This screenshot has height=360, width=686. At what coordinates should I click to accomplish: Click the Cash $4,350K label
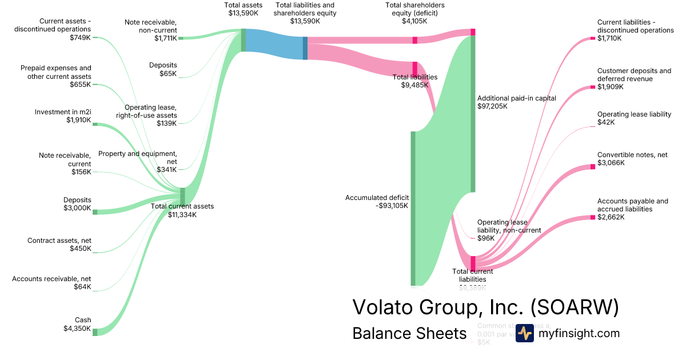(77, 324)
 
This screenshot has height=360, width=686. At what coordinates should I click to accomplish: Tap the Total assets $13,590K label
(244, 9)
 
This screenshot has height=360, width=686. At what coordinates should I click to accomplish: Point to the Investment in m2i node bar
(95, 124)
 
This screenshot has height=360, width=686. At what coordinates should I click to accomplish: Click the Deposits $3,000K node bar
(95, 212)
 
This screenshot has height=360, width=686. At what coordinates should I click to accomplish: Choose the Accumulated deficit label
(377, 202)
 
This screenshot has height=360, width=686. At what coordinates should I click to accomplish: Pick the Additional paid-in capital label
(516, 102)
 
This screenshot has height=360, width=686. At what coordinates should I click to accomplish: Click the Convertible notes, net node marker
(593, 167)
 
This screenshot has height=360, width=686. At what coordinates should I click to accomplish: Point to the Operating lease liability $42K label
(634, 118)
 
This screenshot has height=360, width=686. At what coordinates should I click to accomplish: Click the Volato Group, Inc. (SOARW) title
(485, 307)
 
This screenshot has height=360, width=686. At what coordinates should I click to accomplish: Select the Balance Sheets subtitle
(409, 333)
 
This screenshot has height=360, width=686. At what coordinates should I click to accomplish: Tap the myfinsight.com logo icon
(524, 333)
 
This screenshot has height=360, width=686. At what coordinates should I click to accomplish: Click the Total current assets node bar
(182, 196)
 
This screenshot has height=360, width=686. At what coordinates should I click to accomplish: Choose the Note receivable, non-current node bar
(181, 38)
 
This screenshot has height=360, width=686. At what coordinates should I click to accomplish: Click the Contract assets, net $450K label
(59, 245)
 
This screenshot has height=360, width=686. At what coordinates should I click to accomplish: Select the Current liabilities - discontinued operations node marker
(593, 38)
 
